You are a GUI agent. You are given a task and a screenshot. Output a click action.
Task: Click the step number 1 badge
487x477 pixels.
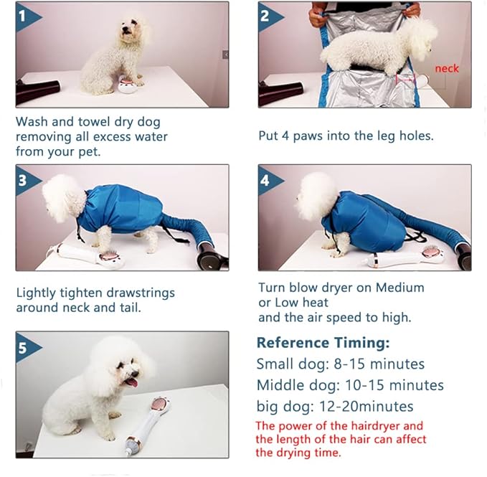pyautogui.click(x=26, y=16)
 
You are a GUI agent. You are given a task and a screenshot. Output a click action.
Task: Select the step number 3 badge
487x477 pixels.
pyautogui.click(x=26, y=181)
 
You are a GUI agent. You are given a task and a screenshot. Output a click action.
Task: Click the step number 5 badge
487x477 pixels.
pyautogui.click(x=26, y=348)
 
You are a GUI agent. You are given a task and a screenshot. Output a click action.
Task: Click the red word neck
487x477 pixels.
pyautogui.click(x=447, y=68)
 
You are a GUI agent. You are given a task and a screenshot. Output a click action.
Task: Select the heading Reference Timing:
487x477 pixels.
pyautogui.click(x=323, y=343)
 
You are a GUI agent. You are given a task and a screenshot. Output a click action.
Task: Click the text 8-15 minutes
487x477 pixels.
pyautogui.click(x=379, y=364)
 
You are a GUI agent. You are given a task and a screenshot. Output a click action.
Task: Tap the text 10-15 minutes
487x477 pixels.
pyautogui.click(x=394, y=385)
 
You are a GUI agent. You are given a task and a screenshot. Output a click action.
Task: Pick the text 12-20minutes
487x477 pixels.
pyautogui.click(x=366, y=406)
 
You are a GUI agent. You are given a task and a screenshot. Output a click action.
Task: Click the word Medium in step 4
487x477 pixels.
pyautogui.click(x=399, y=288)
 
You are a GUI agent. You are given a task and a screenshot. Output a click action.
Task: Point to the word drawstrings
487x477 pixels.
pyautogui.click(x=141, y=293)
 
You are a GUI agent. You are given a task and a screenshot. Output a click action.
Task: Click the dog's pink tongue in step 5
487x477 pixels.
pyautogui.click(x=133, y=382)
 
